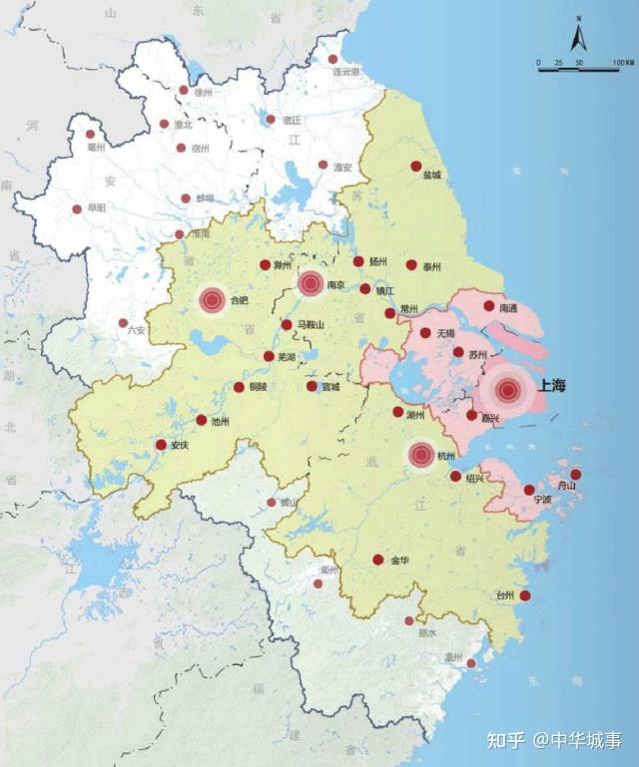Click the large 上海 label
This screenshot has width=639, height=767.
point(553,385)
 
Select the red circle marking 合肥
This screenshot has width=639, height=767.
point(212,299)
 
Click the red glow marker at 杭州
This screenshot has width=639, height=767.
point(421,456)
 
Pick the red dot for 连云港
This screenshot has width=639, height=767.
point(333,60)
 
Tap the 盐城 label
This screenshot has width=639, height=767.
point(431,176)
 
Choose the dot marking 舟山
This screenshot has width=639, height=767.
point(575,474)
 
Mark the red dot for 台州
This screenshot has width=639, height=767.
point(525,596)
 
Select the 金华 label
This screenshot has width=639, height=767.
point(399,561)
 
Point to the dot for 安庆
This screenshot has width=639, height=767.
point(161,445)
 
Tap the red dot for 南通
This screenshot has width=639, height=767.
point(489,306)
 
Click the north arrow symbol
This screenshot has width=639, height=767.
point(577,37)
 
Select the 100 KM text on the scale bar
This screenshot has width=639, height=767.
point(622,63)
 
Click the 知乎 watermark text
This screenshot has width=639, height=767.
point(505,740)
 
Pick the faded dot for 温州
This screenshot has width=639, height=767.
point(471,662)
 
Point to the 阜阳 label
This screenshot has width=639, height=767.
point(95,209)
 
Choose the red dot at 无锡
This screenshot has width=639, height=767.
point(425,333)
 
